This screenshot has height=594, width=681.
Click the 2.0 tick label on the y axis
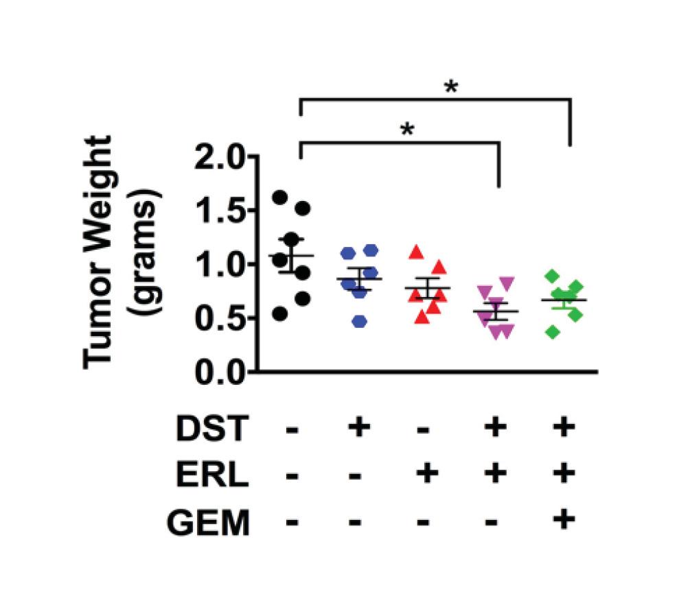click(214, 158)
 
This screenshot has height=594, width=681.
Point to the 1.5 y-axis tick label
click(214, 211)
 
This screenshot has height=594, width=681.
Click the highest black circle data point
click(279, 198)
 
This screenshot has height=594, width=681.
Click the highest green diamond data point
click(551, 276)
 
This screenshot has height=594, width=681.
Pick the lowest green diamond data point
click(553, 332)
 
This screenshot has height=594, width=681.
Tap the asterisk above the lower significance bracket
click(407, 130)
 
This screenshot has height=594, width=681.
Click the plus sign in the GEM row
click(563, 520)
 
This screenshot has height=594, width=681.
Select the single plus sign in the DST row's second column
click(357, 429)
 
